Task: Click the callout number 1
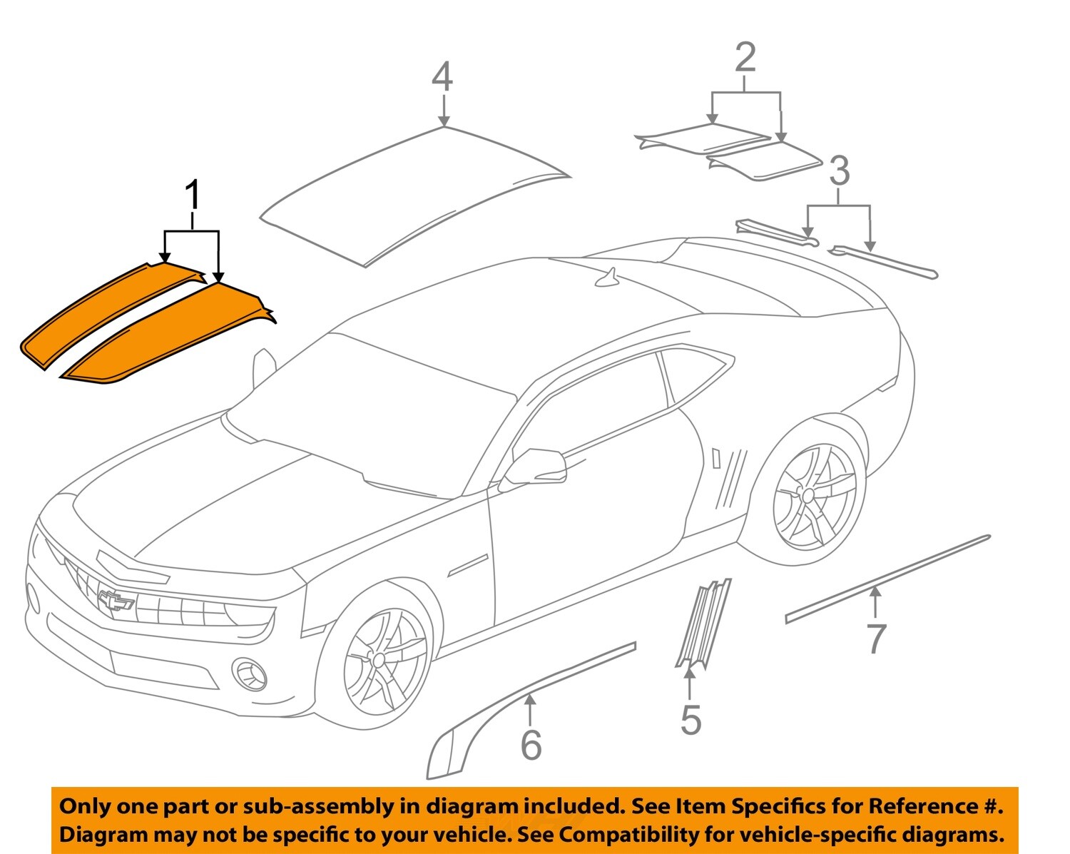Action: point(192,196)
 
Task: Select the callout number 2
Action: point(745,58)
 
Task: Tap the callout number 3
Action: point(840,172)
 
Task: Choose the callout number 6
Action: point(531,746)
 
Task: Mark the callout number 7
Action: point(875,639)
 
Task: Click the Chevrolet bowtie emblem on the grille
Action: point(116,601)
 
